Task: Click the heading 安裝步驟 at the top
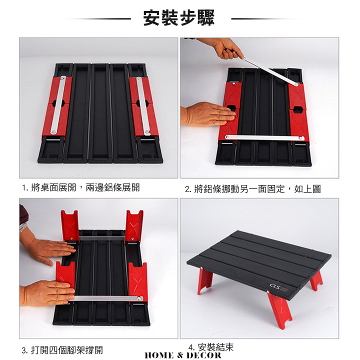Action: (x=179, y=17)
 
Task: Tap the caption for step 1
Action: (x=81, y=188)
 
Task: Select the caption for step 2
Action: (x=253, y=189)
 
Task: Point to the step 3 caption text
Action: (x=62, y=350)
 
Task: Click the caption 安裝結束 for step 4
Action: (x=211, y=347)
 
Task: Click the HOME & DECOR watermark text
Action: (x=183, y=355)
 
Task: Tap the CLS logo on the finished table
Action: (x=275, y=286)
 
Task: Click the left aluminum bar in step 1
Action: (x=58, y=105)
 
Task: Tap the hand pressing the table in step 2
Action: (x=208, y=114)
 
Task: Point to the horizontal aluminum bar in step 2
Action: (x=265, y=137)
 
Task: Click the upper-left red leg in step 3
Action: (x=69, y=225)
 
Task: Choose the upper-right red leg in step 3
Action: (x=134, y=225)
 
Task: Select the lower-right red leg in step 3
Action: (x=138, y=282)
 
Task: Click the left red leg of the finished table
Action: (x=205, y=281)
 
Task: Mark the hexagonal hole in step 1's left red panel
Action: (x=56, y=103)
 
